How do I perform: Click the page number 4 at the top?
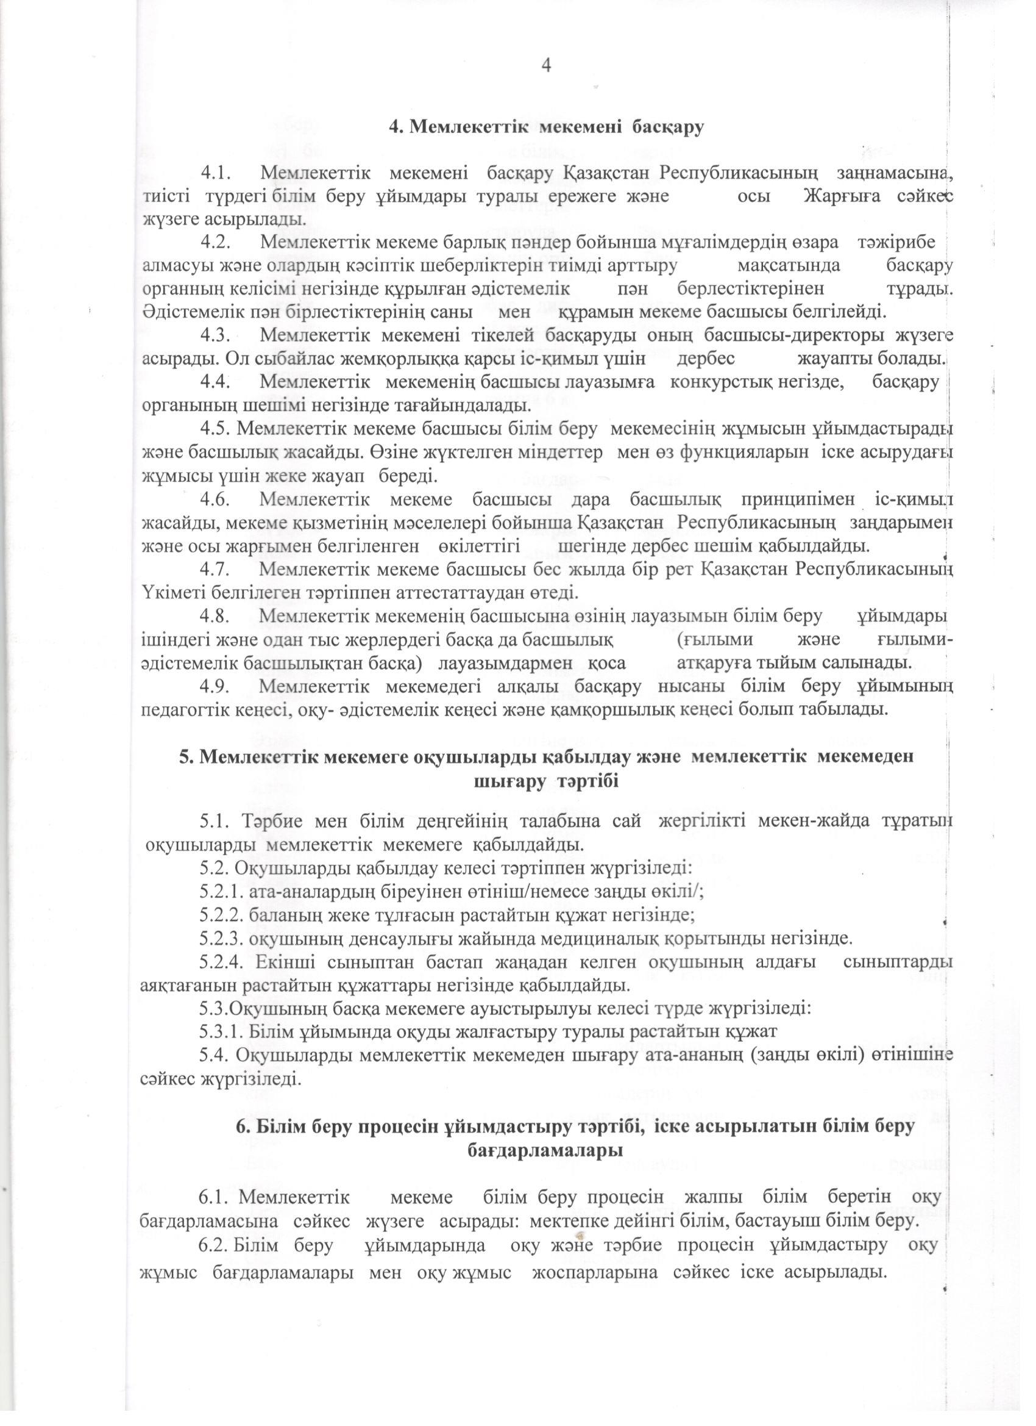coord(545,65)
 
